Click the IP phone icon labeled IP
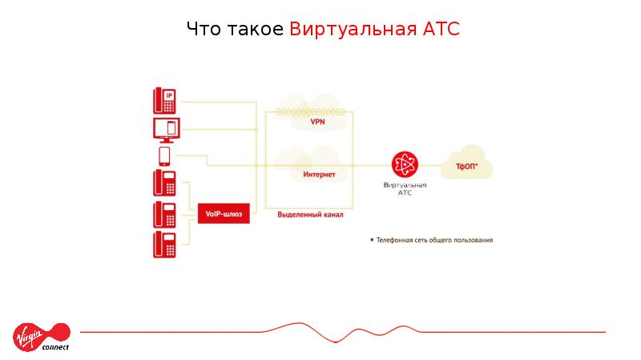coord(164,100)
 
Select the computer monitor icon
coord(166,128)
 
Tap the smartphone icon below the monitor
coord(164,155)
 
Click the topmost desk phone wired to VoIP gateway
coord(164,184)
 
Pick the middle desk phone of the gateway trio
coord(164,214)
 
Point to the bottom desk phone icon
coord(164,244)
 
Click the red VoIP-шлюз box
coord(224,214)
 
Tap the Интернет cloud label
coord(319,174)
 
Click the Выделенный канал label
coord(311,215)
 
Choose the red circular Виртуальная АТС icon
coord(405,165)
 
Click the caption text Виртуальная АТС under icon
coord(405,188)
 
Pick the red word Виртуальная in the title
coord(352,30)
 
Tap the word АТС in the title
coord(440,30)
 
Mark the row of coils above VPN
coord(311,112)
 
